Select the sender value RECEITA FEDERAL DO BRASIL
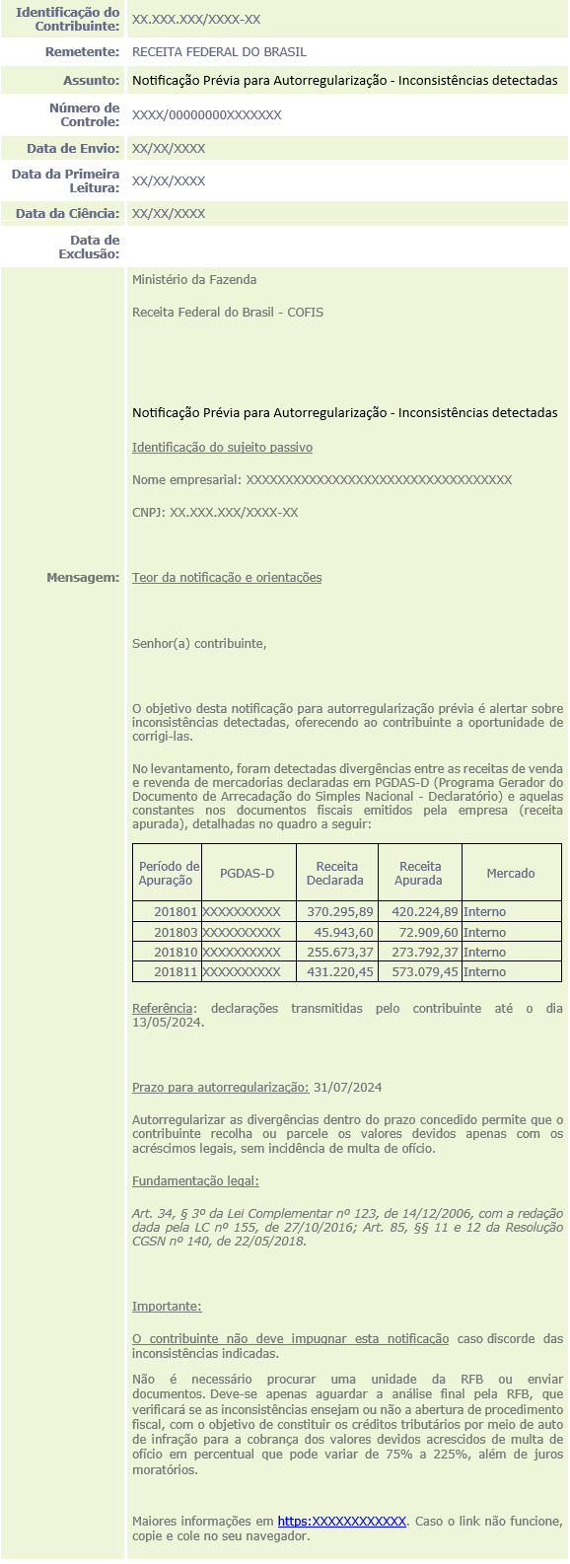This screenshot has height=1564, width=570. pos(219,51)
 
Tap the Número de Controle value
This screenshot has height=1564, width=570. pos(206,115)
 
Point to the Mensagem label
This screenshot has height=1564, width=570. pos(83,577)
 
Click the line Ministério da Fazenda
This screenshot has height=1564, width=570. pos(194,279)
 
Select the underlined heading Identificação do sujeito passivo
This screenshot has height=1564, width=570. pos(222,447)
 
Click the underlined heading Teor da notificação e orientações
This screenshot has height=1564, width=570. pos(227,577)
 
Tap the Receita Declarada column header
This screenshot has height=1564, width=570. pos(336,873)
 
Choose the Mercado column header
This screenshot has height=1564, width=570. pos(511,873)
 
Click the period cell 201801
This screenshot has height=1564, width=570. pos(176,912)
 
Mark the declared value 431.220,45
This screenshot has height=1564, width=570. pos(340,971)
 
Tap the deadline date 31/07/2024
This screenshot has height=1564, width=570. pos(347,1087)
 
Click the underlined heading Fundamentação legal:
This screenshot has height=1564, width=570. pos(195,1180)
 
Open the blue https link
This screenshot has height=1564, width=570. pos(341,1522)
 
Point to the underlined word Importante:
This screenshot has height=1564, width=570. pos(167,1306)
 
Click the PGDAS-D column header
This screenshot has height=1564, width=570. pos(247,873)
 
